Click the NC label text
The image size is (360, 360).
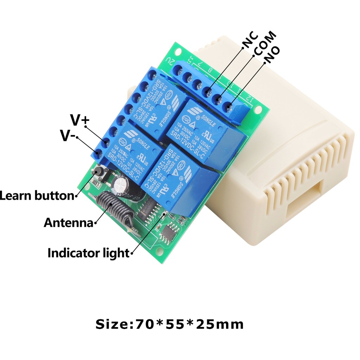pyautogui.click(x=250, y=39)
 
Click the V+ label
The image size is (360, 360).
pyautogui.click(x=80, y=121)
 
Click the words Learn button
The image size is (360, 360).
pyautogui.click(x=37, y=195)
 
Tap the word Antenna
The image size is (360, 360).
pyautogui.click(x=68, y=223)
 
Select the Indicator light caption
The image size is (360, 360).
pyautogui.click(x=88, y=253)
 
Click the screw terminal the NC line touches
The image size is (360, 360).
pyautogui.click(x=208, y=92)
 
